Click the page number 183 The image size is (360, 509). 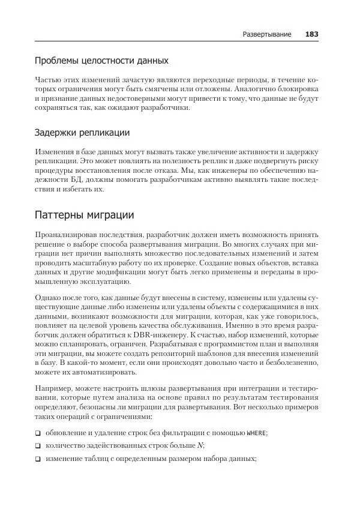(x=311, y=34)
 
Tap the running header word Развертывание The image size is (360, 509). (x=267, y=34)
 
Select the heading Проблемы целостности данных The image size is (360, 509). (x=101, y=61)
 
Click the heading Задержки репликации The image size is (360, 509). (x=82, y=132)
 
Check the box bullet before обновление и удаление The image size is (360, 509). (x=38, y=433)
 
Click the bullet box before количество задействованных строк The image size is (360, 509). (x=38, y=445)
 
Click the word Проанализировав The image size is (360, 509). (x=68, y=235)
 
